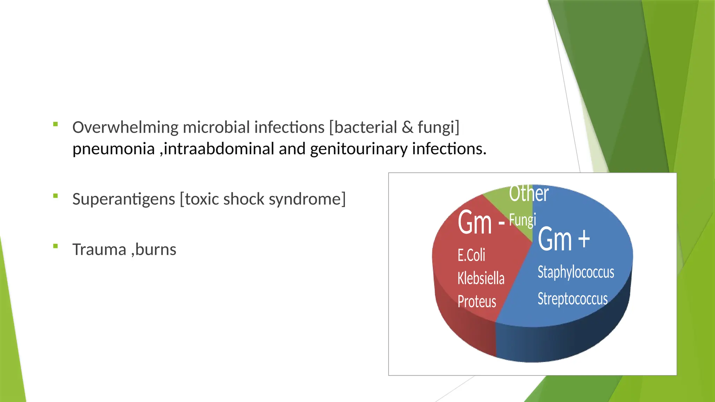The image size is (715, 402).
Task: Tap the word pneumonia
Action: (x=113, y=149)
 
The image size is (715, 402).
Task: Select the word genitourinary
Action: (x=359, y=149)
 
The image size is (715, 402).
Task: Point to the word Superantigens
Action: (x=124, y=200)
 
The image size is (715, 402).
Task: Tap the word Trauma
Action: (x=99, y=250)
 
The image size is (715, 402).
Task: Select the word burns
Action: (x=156, y=250)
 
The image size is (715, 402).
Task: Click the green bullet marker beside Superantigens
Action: (x=56, y=196)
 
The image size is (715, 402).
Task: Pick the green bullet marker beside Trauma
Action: (x=56, y=246)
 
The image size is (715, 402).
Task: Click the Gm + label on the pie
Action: (x=564, y=239)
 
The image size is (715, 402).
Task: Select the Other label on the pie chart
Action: (x=529, y=194)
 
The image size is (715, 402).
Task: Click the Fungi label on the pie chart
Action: (x=522, y=220)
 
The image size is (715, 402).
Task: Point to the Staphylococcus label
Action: (x=576, y=272)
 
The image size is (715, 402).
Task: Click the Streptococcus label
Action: (x=573, y=299)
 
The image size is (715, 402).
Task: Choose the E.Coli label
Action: (x=471, y=255)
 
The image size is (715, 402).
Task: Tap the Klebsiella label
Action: (x=481, y=278)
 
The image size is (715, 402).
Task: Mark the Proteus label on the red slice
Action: (x=477, y=301)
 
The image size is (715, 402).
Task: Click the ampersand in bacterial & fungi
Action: (x=407, y=127)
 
